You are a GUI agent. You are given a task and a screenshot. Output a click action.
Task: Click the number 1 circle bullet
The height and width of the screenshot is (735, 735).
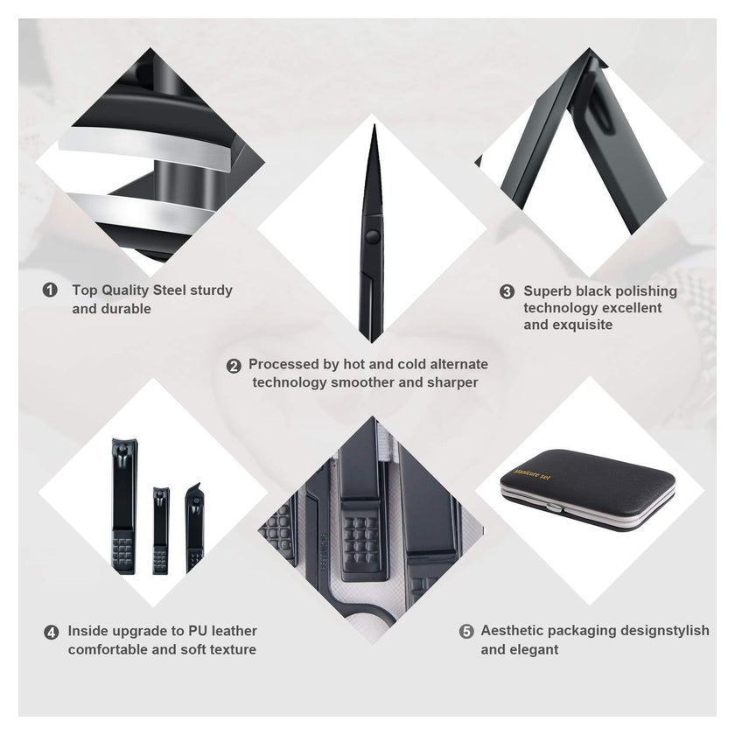[x=50, y=290]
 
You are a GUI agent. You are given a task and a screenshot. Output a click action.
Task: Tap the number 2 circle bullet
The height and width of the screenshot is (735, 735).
[x=234, y=366]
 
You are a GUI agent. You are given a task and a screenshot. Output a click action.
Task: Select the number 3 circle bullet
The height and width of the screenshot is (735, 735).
[x=507, y=291]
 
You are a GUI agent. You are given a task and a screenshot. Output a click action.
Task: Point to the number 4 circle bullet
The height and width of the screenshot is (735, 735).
[x=51, y=633]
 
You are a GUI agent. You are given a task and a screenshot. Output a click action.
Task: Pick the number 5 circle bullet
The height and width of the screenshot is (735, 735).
[x=465, y=632]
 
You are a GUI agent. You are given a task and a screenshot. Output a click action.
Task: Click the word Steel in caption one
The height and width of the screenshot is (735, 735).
[x=170, y=290]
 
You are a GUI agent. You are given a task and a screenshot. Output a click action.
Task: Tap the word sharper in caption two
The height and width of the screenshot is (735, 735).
[x=452, y=382]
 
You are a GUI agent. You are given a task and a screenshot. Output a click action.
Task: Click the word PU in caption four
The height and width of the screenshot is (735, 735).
[x=199, y=631]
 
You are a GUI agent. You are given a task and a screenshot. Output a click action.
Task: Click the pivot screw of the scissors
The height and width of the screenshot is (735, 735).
[x=373, y=235]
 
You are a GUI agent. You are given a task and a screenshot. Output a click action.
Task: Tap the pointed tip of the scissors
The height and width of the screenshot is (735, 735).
[x=374, y=126]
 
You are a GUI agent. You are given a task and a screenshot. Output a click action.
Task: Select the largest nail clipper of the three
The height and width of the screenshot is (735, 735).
[x=123, y=507]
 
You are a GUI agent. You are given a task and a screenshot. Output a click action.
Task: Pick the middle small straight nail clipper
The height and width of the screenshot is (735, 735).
[x=160, y=530]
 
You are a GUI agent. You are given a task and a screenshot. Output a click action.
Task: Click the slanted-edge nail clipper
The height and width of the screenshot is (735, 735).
[x=194, y=527]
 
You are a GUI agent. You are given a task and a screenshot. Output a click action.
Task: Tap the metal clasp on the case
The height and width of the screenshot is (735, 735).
[x=554, y=507]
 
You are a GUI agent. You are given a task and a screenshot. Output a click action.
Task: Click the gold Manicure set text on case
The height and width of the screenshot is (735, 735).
[x=533, y=474]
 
